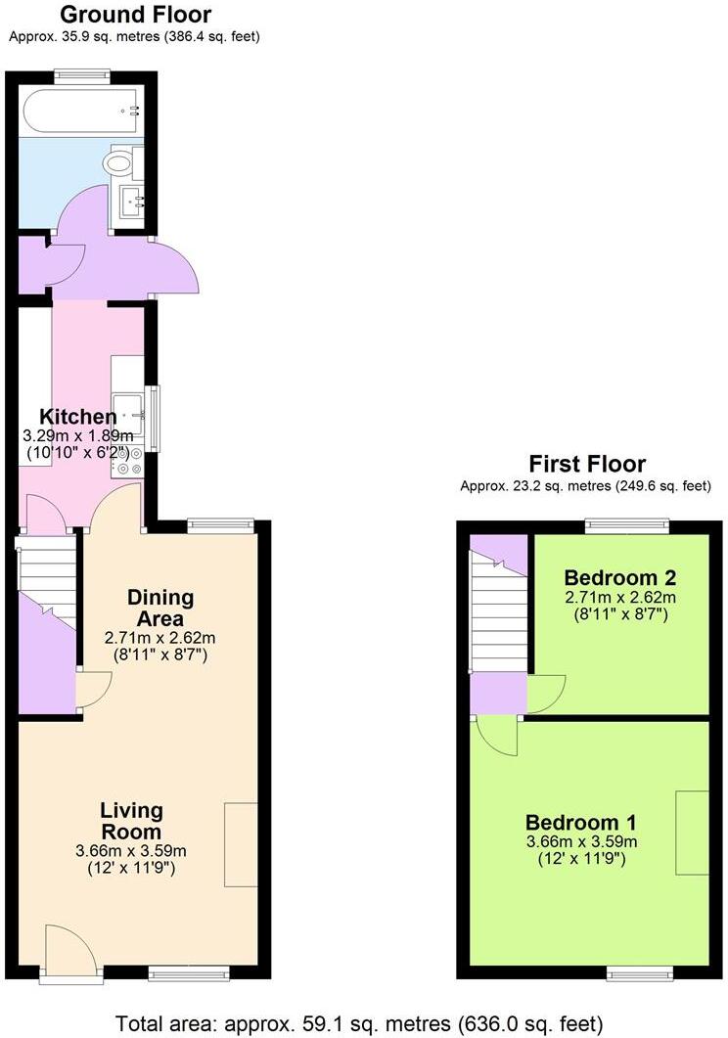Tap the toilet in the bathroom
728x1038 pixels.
[122, 161]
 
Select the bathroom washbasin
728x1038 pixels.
[129, 202]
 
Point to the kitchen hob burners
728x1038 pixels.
[128, 461]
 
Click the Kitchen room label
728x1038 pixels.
[78, 417]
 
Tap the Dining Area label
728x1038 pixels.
[161, 608]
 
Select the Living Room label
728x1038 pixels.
[131, 821]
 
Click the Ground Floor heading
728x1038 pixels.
[135, 15]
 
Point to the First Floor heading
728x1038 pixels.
[587, 464]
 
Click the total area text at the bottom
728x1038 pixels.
[359, 1023]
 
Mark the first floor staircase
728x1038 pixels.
[497, 611]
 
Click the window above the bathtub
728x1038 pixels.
[82, 74]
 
